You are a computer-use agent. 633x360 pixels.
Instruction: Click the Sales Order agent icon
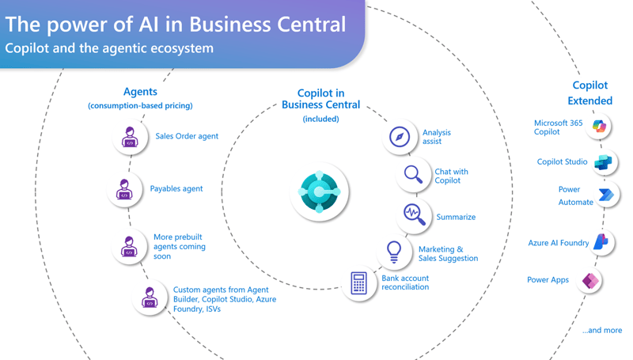click(x=130, y=137)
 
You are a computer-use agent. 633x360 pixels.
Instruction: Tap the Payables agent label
click(x=176, y=189)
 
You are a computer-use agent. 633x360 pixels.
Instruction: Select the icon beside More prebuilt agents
click(x=128, y=246)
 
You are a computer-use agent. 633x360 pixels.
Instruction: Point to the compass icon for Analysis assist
click(x=400, y=136)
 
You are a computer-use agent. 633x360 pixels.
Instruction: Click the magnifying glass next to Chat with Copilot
click(x=413, y=175)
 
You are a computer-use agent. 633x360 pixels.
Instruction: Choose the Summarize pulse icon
click(x=413, y=214)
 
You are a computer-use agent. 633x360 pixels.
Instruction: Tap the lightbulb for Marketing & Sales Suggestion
click(x=393, y=252)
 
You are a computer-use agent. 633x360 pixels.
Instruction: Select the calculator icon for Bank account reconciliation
click(x=358, y=282)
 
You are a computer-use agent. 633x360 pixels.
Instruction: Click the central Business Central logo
click(x=319, y=191)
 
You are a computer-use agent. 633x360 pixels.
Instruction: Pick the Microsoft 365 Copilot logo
click(x=600, y=127)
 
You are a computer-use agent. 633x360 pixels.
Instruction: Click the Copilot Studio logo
click(x=603, y=162)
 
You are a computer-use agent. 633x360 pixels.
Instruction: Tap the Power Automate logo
click(x=606, y=195)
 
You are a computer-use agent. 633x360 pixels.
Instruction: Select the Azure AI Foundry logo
click(x=601, y=242)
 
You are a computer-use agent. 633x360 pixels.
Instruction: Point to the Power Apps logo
click(x=590, y=280)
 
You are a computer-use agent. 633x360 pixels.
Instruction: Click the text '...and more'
click(x=601, y=330)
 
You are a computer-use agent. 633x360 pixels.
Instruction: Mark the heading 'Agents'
click(x=140, y=92)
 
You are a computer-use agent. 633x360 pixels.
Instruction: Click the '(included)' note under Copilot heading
click(x=320, y=119)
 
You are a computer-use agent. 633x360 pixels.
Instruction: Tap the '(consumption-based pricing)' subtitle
click(x=140, y=105)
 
